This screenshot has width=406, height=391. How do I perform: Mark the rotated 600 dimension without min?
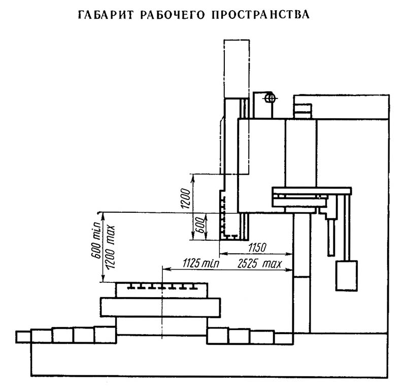coord(199,224)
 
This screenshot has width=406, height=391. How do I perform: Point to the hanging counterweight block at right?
coord(347,275)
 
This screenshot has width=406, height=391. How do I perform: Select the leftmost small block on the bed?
coord(23,337)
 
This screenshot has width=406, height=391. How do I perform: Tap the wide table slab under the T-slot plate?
coord(160,307)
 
